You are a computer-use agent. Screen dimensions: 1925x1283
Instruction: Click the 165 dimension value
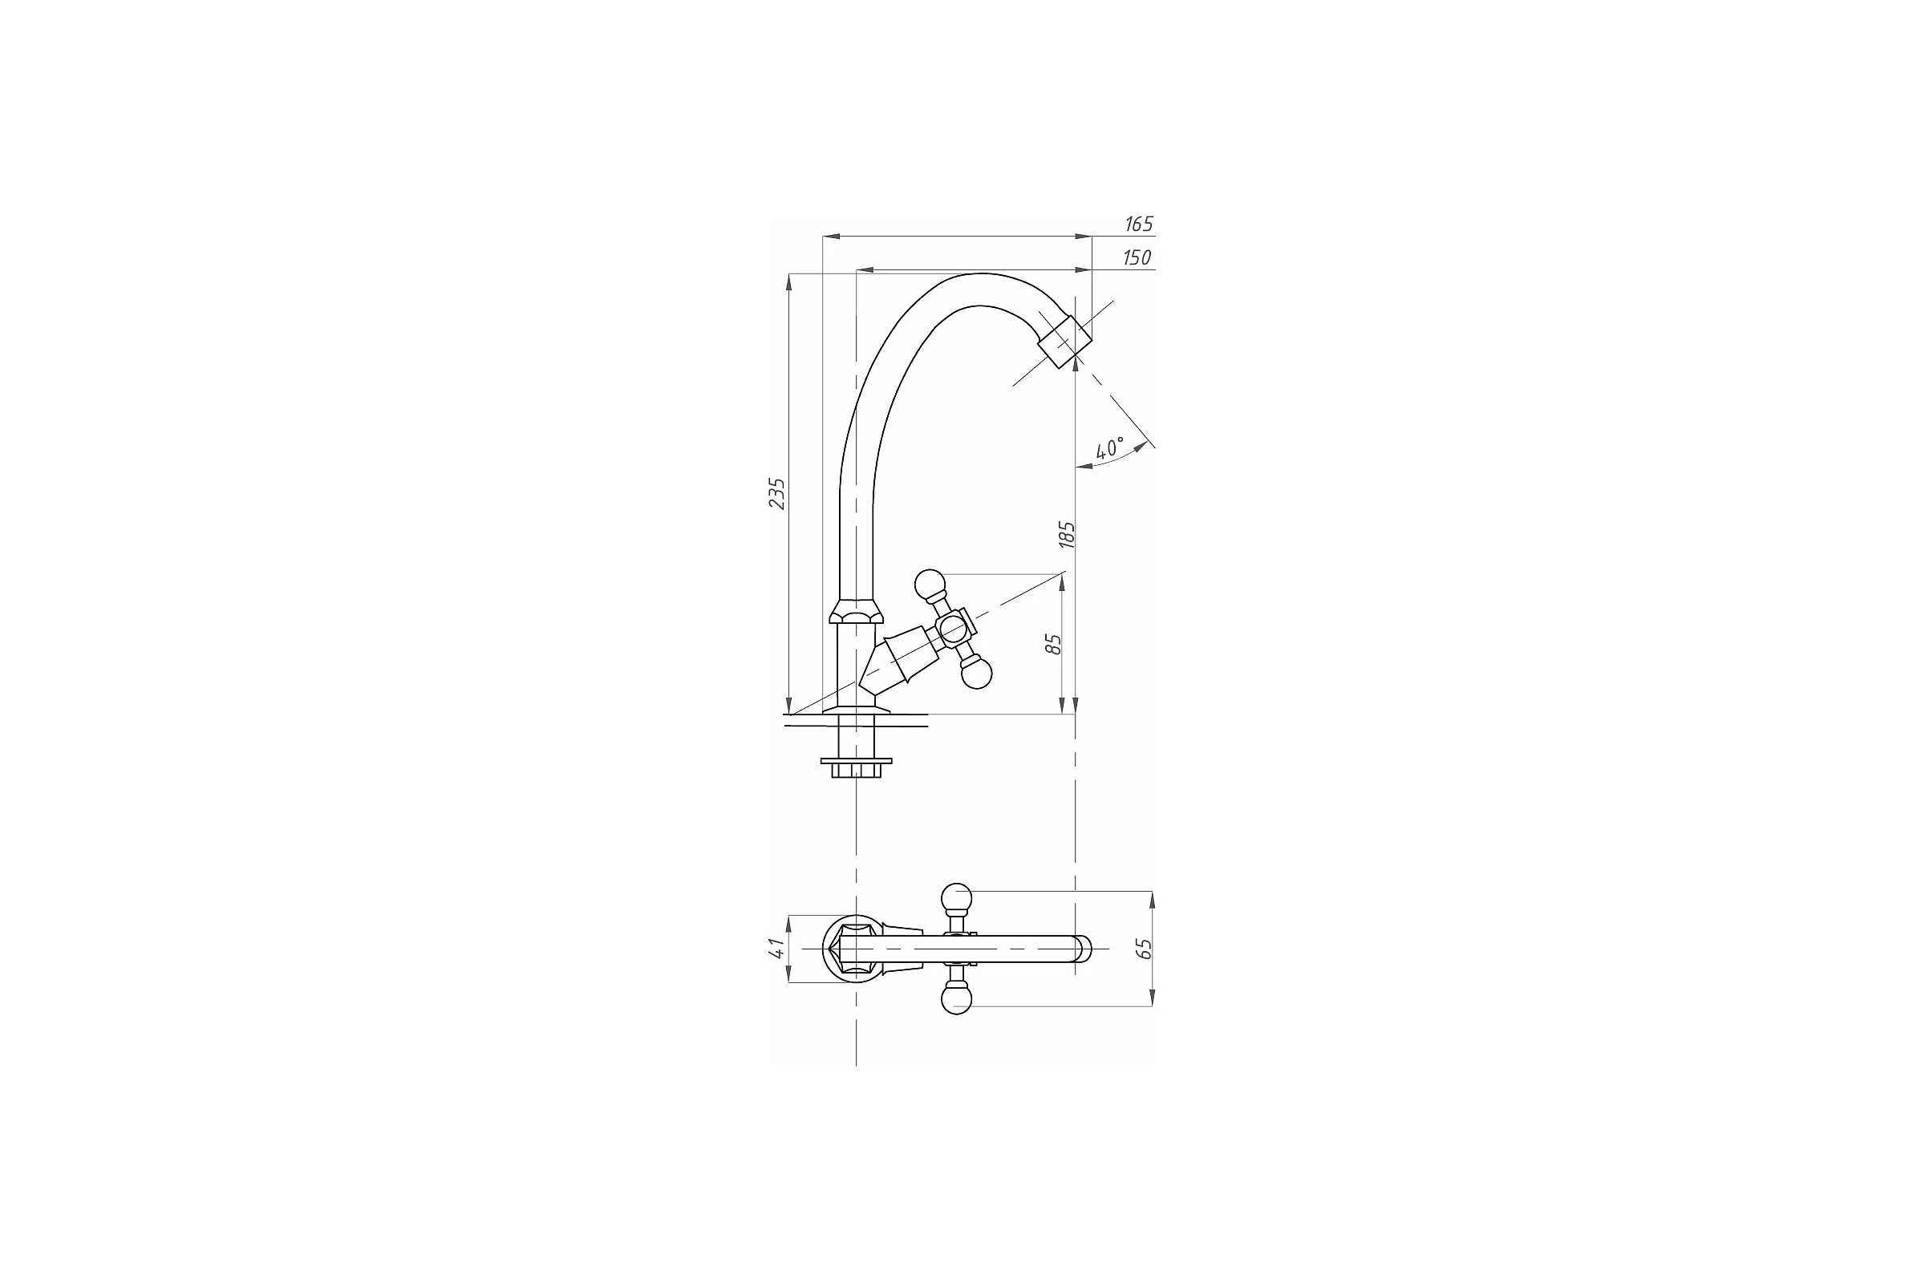pos(1138,225)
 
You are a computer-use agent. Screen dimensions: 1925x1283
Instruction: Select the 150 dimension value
pos(1137,257)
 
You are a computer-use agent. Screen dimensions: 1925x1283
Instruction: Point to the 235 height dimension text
pos(776,494)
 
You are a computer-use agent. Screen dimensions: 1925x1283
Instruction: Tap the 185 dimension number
pos(1067,534)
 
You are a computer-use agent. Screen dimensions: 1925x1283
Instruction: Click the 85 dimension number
pos(1054,644)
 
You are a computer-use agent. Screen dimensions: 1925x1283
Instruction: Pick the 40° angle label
pos(1110,447)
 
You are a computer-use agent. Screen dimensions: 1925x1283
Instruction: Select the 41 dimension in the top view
pos(776,949)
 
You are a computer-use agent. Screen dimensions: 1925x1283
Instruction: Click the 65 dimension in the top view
pos(1145,949)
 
